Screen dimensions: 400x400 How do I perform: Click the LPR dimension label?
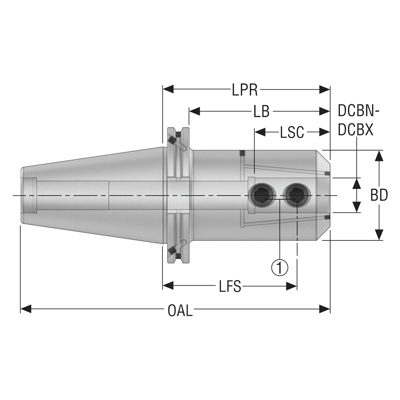[245, 90]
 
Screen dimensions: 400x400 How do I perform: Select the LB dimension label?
[261, 111]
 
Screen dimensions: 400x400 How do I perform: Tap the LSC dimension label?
[292, 132]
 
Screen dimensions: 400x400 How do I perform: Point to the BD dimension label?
[379, 195]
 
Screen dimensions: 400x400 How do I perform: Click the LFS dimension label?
[230, 286]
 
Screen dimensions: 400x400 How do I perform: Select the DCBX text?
[356, 130]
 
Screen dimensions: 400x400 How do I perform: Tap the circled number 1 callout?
[279, 267]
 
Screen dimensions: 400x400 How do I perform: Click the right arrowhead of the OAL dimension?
[325, 309]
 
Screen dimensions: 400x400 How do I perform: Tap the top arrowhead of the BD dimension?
[379, 155]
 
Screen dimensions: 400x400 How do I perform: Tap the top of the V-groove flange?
[178, 129]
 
